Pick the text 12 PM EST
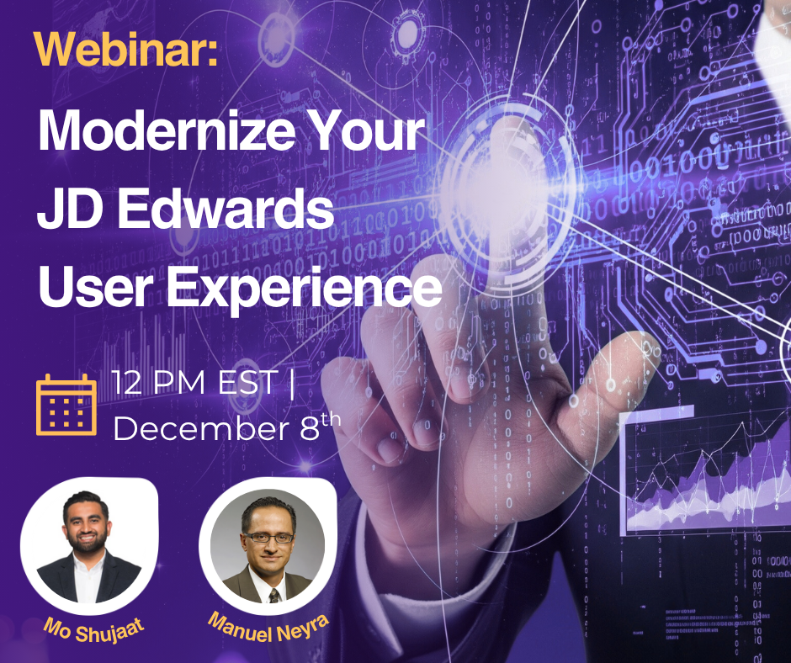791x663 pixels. (x=195, y=384)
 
